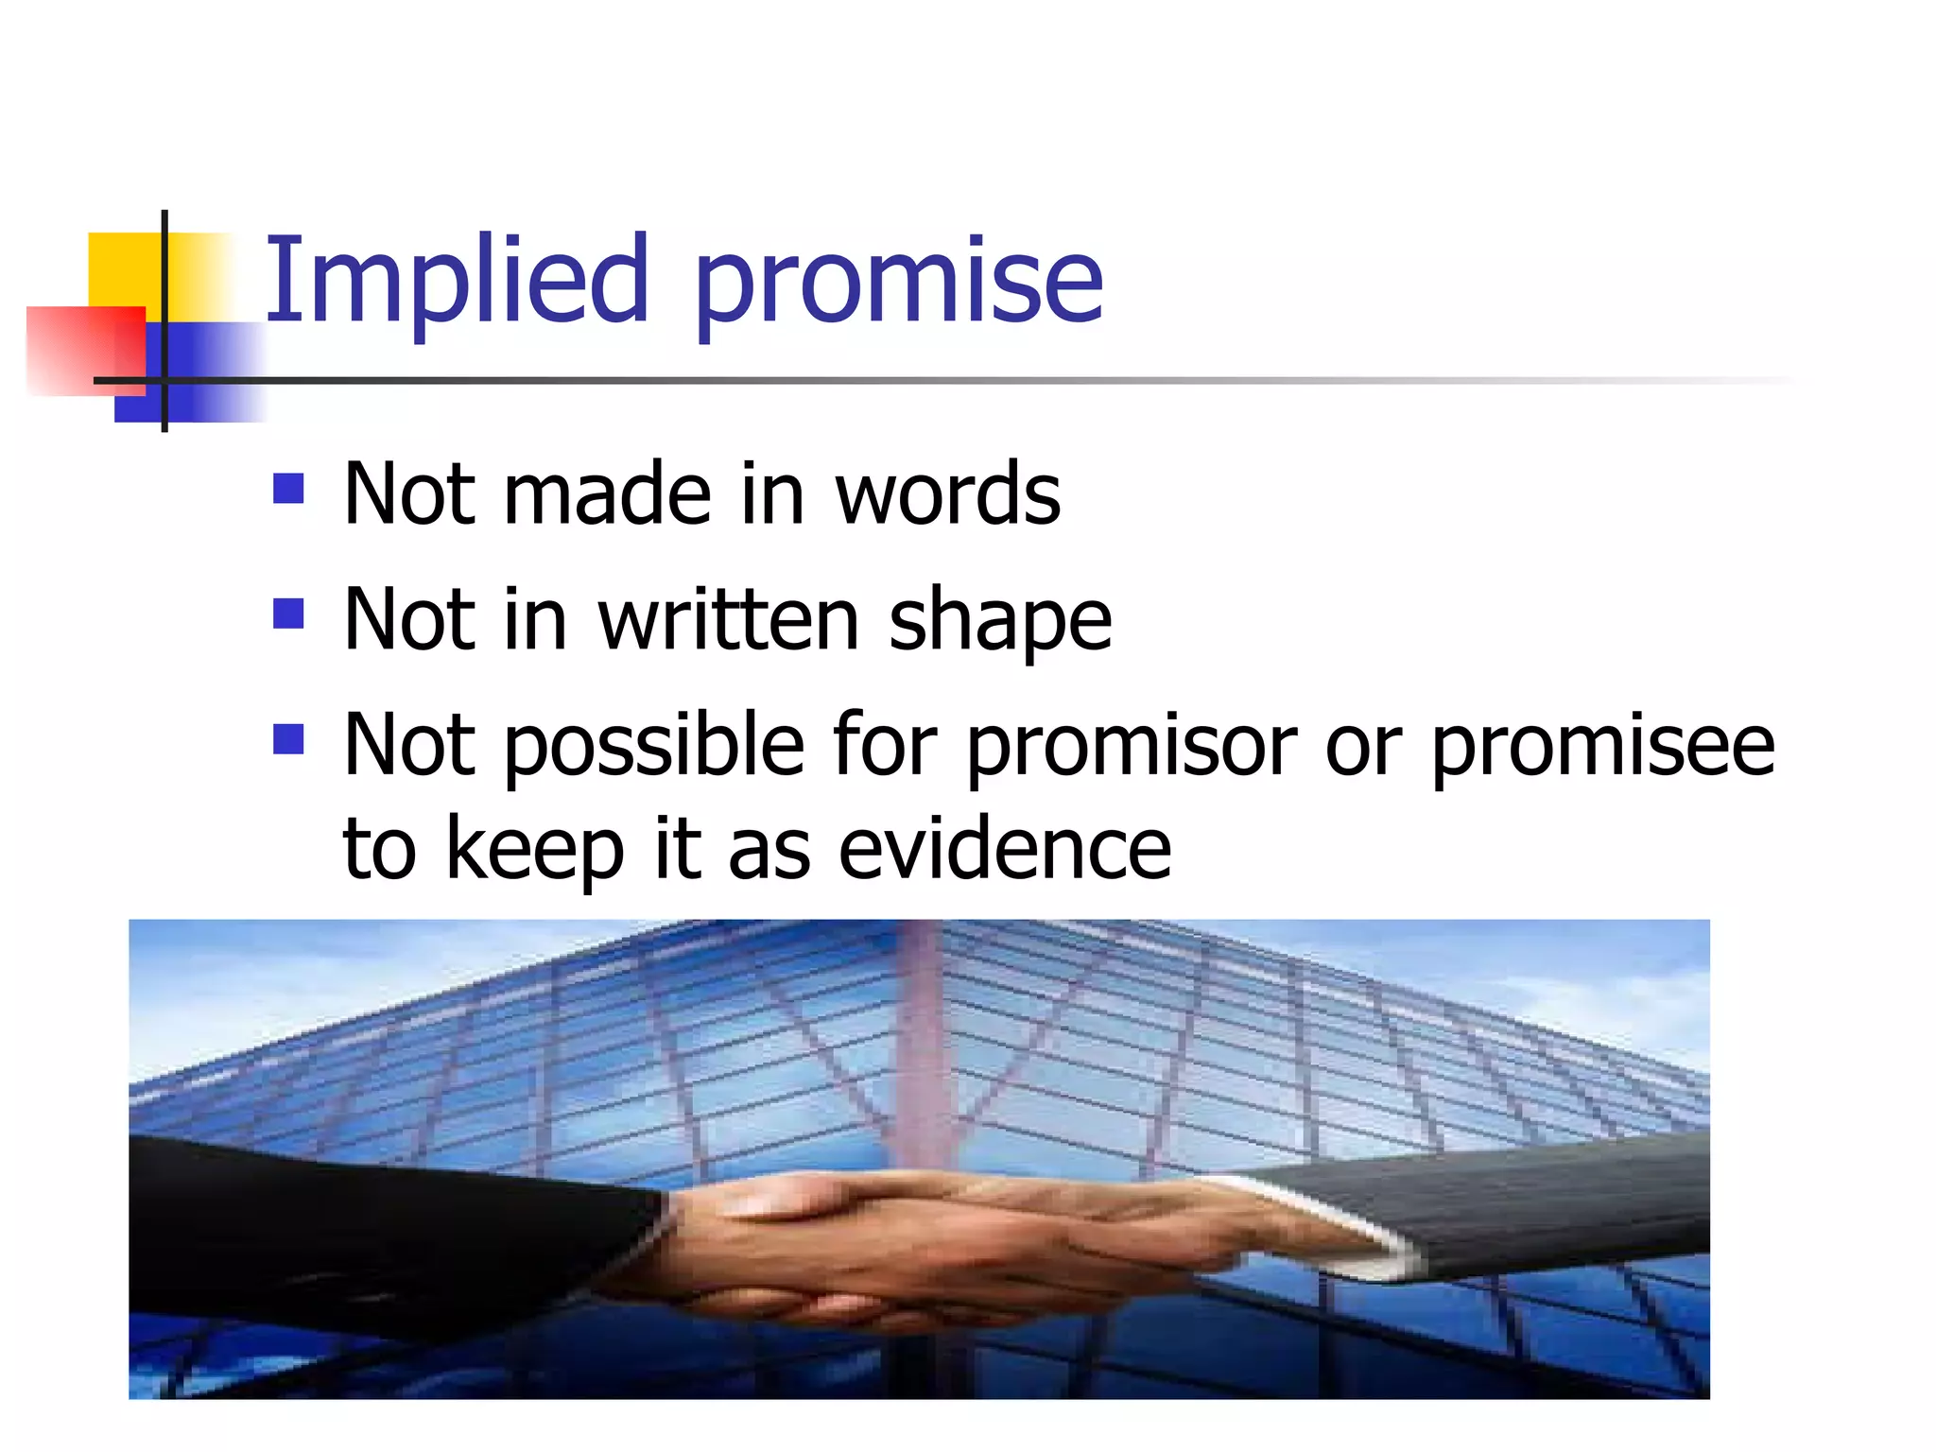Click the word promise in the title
point(898,284)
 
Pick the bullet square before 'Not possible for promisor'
point(288,739)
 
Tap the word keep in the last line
point(534,850)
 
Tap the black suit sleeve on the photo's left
point(378,1229)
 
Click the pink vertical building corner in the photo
point(917,1040)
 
